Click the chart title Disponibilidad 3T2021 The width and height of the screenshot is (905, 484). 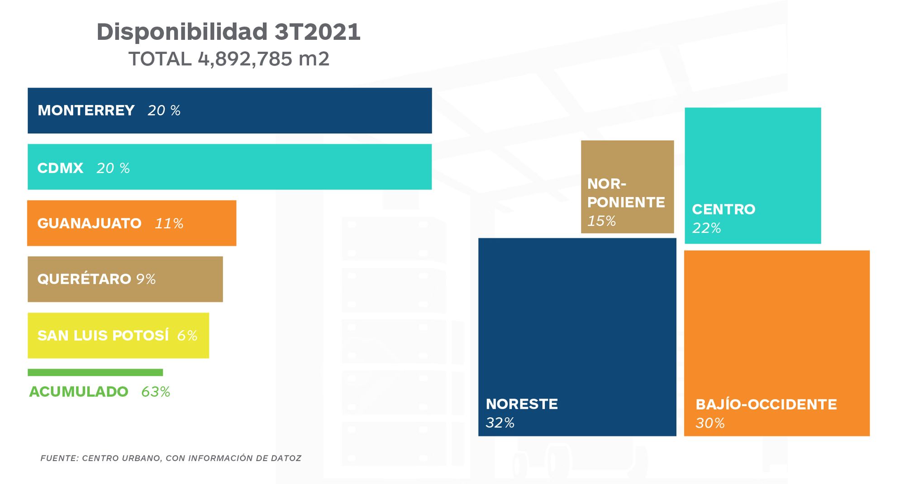229,32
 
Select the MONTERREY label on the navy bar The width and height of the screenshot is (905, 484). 86,110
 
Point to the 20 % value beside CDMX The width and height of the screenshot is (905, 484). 113,168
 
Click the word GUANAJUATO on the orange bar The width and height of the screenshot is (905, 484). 89,224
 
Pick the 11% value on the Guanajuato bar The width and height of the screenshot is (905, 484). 169,224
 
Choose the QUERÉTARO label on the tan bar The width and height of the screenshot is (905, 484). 84,279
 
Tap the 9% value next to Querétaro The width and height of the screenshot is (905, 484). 146,279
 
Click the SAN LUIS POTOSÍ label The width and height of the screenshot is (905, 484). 103,335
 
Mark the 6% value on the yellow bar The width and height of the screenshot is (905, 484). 187,335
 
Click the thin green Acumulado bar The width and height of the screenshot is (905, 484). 95,373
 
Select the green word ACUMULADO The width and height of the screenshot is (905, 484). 78,392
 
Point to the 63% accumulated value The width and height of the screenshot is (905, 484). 156,392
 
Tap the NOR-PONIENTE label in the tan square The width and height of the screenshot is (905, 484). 626,193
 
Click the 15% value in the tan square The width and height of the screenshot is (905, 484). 601,221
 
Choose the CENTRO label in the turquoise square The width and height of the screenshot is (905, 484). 724,209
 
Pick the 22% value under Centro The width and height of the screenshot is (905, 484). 706,228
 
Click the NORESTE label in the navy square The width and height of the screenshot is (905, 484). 522,404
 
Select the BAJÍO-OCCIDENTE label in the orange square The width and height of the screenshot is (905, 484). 766,404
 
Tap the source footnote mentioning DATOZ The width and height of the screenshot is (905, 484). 171,458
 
